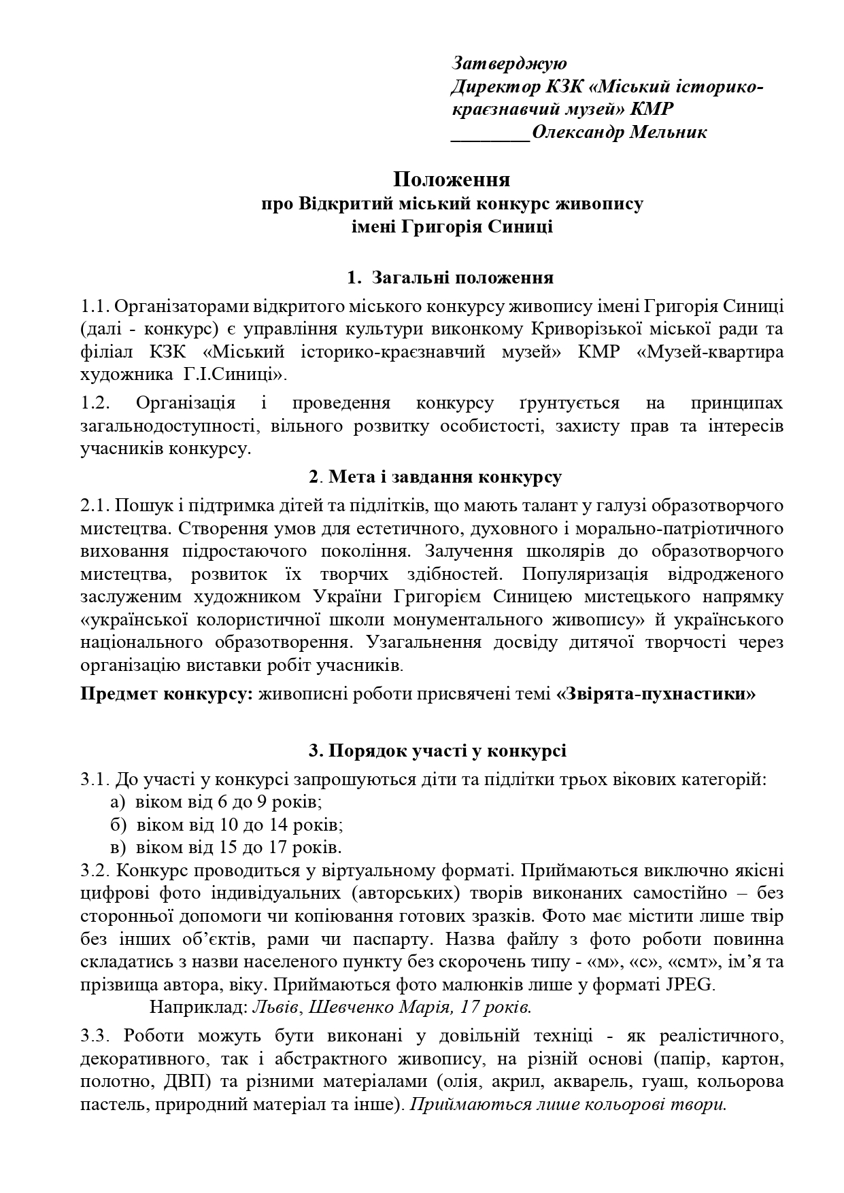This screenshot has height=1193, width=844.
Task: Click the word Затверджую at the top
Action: click(x=508, y=63)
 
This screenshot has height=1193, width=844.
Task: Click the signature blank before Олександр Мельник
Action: click(x=490, y=132)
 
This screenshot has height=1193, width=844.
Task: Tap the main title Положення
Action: click(x=452, y=179)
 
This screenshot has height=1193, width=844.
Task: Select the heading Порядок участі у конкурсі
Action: click(x=437, y=750)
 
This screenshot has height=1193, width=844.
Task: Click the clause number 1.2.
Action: click(x=95, y=402)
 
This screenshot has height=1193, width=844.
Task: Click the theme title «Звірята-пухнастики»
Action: click(x=656, y=694)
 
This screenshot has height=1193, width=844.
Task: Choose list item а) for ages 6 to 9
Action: click(x=215, y=801)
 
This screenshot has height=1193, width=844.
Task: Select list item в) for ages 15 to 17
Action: click(x=225, y=848)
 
